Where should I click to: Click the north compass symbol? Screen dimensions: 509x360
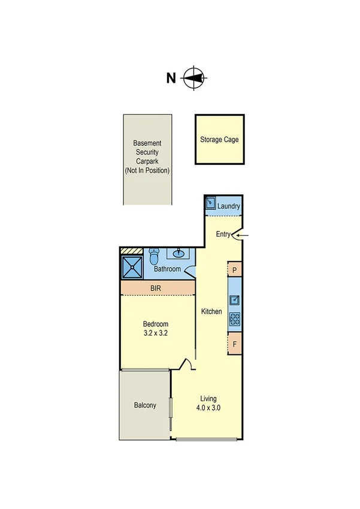194,77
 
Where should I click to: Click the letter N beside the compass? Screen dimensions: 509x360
171,78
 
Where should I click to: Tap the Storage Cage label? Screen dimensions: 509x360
219,140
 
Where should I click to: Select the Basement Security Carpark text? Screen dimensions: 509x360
147,157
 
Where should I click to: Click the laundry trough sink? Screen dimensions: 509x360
210,204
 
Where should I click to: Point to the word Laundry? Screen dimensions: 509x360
229,206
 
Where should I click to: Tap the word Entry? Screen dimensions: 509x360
223,235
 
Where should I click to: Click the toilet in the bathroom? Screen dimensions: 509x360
153,257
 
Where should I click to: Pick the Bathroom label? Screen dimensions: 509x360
167,269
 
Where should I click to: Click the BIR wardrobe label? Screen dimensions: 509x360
155,288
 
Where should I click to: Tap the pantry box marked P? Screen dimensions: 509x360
235,270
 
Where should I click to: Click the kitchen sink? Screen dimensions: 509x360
235,300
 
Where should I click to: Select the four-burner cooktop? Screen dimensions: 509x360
235,320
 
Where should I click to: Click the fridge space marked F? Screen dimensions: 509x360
235,345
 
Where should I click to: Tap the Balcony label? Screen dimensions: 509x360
144,405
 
